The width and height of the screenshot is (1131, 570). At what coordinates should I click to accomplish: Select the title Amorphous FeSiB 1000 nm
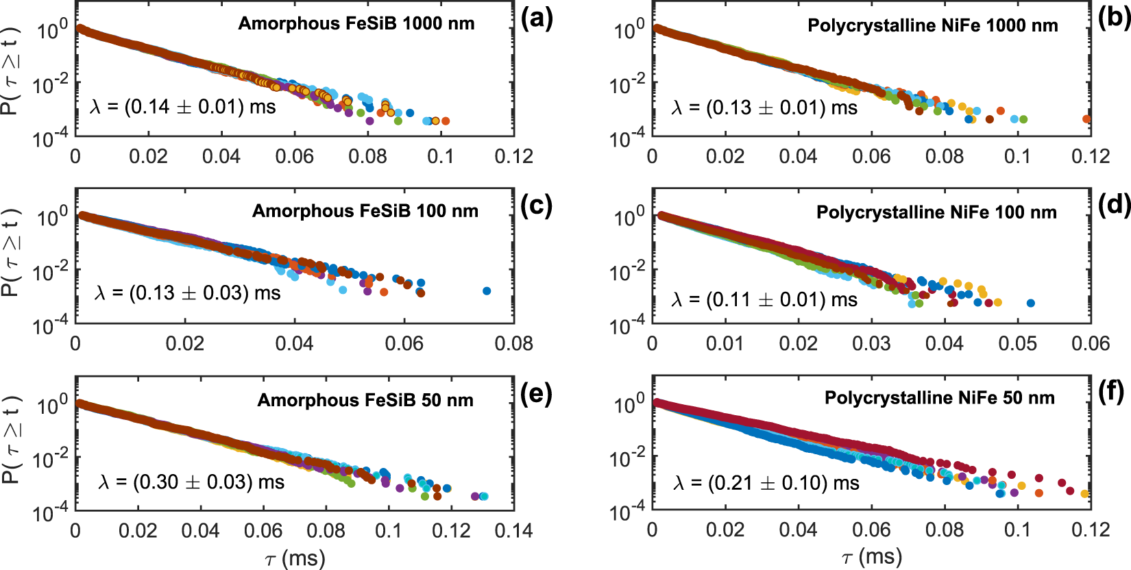click(x=356, y=23)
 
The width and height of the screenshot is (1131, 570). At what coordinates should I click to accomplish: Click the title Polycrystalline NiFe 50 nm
click(x=939, y=398)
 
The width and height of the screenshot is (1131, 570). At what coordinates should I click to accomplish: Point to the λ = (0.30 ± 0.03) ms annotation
click(x=191, y=482)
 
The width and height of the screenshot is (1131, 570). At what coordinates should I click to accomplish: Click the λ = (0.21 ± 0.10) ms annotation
click(x=766, y=483)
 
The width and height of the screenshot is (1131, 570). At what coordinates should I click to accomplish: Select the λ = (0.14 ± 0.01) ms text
click(x=182, y=107)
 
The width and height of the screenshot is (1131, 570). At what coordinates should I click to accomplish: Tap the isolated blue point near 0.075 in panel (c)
click(x=487, y=291)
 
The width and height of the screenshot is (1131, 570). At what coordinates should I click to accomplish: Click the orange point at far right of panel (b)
click(x=1086, y=119)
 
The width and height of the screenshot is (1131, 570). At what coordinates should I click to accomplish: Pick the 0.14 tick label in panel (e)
click(x=513, y=530)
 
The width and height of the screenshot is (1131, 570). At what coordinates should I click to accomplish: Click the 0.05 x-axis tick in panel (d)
click(x=1017, y=343)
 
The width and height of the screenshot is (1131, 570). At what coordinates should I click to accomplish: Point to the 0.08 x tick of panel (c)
click(x=513, y=343)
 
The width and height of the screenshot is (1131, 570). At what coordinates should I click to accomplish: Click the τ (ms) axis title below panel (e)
click(x=295, y=558)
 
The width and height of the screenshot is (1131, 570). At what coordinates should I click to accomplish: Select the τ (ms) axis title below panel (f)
click(x=871, y=558)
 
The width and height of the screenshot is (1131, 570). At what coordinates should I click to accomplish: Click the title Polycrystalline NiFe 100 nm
click(x=936, y=212)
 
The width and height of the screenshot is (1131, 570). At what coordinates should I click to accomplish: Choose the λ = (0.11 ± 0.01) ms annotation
click(x=764, y=299)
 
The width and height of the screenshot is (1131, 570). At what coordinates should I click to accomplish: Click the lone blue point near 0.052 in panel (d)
click(x=1030, y=303)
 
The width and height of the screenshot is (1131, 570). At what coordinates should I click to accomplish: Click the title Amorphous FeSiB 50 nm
click(x=365, y=400)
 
